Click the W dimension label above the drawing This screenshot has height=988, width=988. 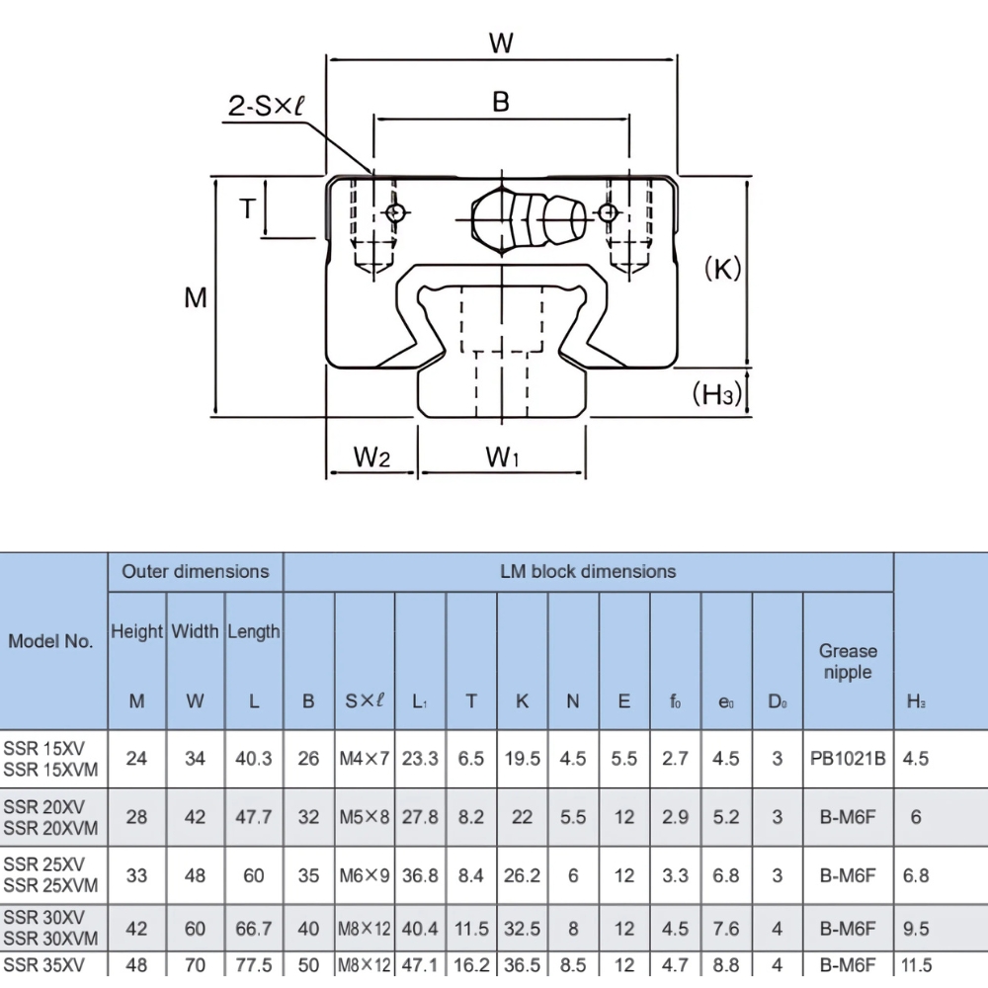click(x=501, y=42)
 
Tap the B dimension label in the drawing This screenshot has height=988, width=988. click(x=501, y=102)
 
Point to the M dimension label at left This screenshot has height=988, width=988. click(x=196, y=296)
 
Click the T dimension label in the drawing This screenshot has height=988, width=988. click(x=247, y=208)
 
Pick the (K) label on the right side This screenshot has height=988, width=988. click(x=722, y=269)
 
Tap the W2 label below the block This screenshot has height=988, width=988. click(x=371, y=457)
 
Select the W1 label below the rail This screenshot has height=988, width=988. click(x=503, y=457)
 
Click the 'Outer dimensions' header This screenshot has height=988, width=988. click(x=195, y=571)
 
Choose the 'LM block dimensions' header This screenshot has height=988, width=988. click(x=587, y=571)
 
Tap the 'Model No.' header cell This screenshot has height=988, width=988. click(x=51, y=640)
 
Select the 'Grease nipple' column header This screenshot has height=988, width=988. click(x=847, y=661)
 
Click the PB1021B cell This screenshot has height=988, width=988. click(x=847, y=759)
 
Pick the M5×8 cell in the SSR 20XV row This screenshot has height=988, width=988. click(x=365, y=817)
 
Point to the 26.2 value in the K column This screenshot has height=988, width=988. click(x=522, y=875)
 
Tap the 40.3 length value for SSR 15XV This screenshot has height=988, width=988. click(x=254, y=759)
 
